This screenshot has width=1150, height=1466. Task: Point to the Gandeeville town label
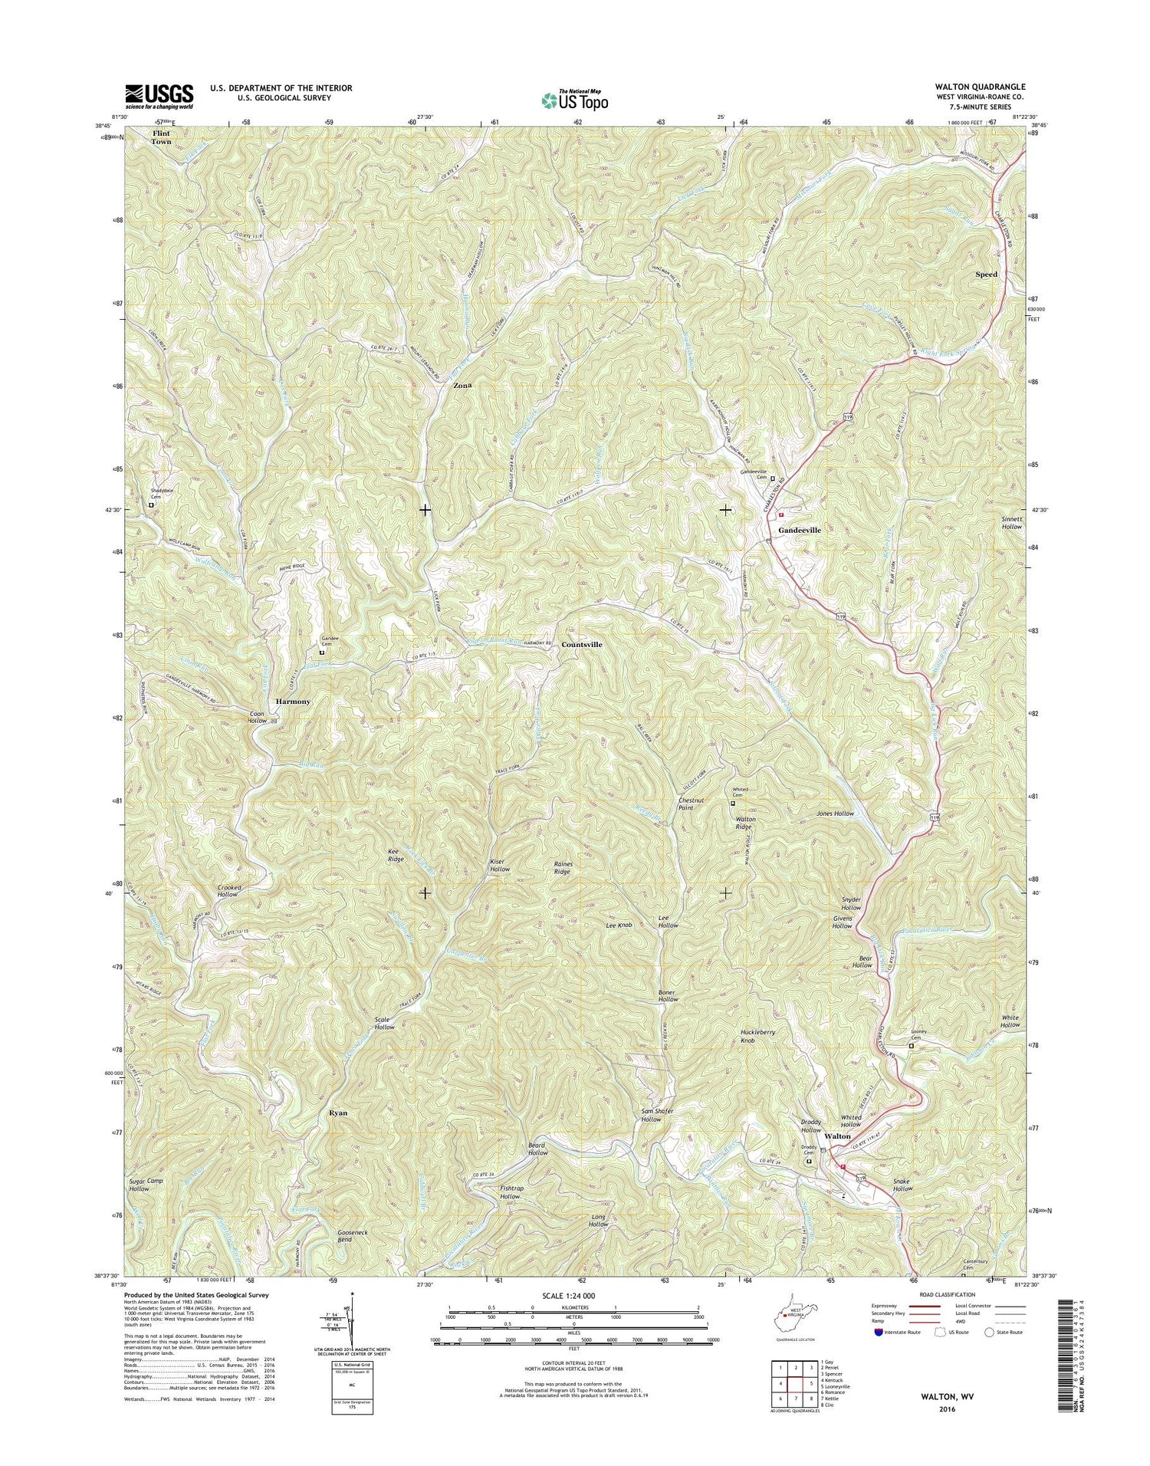pos(800,530)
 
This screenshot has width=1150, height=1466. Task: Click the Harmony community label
pos(293,702)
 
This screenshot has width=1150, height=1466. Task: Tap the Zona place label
pos(462,386)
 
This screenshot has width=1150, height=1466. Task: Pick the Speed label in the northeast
pos(986,274)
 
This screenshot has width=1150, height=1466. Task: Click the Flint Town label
pos(162,137)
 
